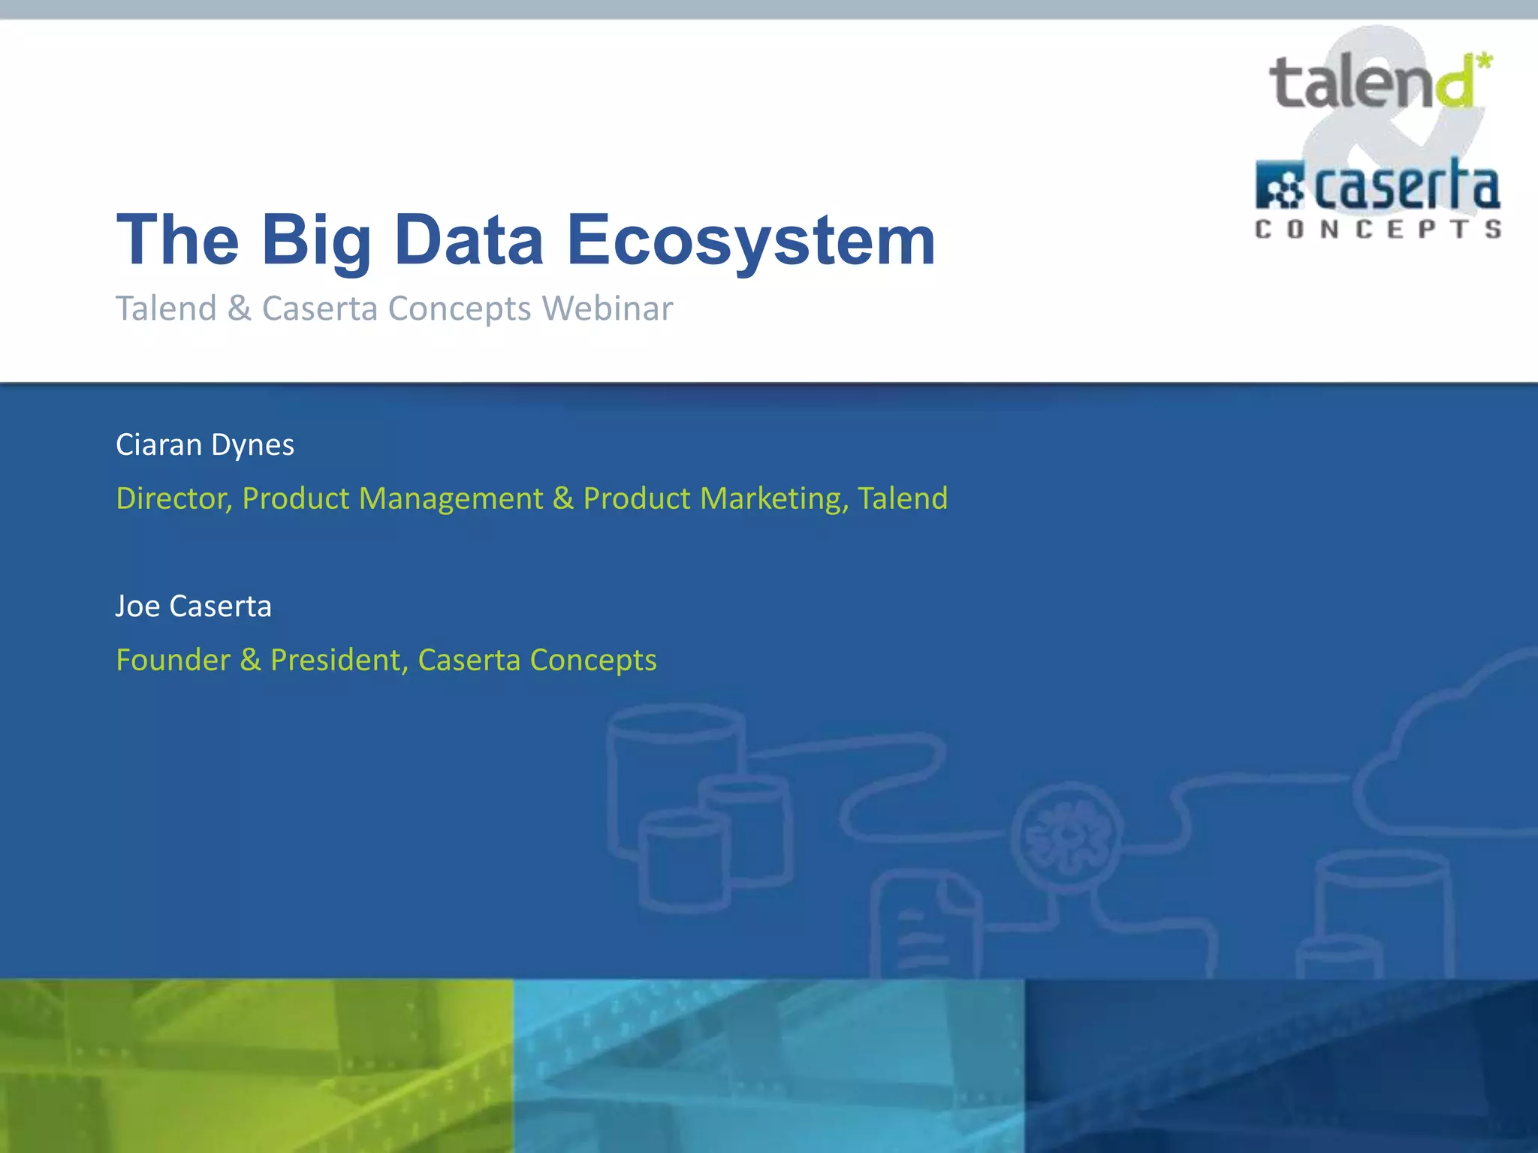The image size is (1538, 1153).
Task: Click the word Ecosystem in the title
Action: click(x=751, y=240)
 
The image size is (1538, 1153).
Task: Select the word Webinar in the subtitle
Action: click(x=608, y=309)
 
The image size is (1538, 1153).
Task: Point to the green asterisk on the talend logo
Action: click(x=1484, y=61)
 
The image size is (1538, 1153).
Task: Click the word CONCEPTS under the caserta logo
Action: click(x=1378, y=229)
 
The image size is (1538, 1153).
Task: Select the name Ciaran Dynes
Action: click(x=205, y=445)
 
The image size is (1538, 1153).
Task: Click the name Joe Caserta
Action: click(x=194, y=607)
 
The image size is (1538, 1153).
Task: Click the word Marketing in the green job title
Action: click(x=774, y=499)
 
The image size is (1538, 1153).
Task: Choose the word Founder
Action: click(x=173, y=661)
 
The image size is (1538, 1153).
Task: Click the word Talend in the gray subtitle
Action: click(x=166, y=309)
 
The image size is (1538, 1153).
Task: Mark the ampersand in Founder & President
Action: click(x=250, y=661)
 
